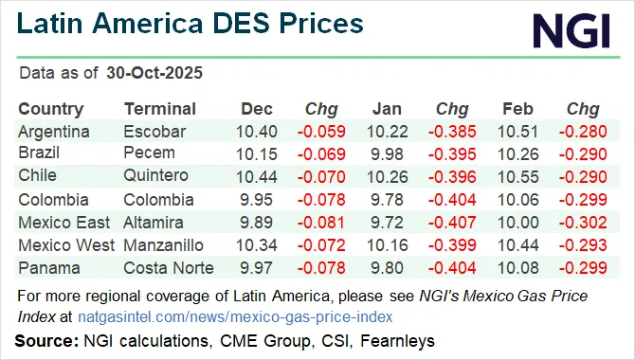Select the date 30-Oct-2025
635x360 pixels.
[154, 73]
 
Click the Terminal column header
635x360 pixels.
[160, 109]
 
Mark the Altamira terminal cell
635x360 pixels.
[154, 223]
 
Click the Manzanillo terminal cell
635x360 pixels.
[164, 245]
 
